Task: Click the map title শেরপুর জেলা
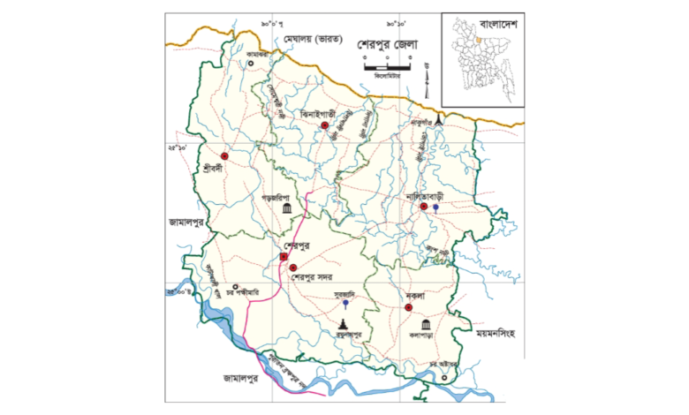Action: click(387, 43)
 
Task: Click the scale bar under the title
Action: click(386, 65)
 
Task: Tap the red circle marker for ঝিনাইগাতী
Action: click(325, 128)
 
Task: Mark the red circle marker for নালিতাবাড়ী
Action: click(424, 207)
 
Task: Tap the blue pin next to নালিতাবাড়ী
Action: click(435, 207)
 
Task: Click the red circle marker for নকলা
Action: click(408, 307)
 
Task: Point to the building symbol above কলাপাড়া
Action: click(427, 324)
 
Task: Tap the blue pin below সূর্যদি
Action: click(344, 305)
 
